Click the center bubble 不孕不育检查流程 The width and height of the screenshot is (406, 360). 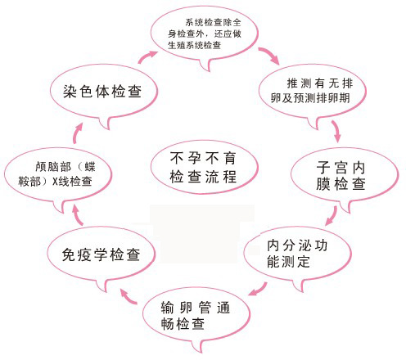click(204, 167)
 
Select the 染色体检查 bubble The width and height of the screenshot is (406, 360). click(104, 92)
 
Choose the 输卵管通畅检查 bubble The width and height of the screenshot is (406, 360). click(196, 317)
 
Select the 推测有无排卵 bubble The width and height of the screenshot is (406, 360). click(313, 92)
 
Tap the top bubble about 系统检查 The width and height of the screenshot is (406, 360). click(204, 34)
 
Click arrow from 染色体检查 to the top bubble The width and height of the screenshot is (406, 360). click(147, 56)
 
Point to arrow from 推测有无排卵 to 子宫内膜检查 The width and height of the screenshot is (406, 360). click(336, 131)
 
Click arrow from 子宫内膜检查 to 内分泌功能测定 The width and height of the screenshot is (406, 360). click(332, 216)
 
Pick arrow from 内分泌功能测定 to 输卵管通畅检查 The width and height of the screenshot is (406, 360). click(259, 290)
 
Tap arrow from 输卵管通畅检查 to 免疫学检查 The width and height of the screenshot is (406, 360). click(129, 297)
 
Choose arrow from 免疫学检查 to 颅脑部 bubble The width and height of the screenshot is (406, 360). click(78, 215)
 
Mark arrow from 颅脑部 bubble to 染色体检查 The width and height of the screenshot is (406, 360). click(78, 133)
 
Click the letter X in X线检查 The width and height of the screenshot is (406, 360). click(55, 182)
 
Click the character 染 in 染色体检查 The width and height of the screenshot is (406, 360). click(70, 92)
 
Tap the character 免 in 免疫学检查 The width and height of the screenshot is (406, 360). click(69, 254)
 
